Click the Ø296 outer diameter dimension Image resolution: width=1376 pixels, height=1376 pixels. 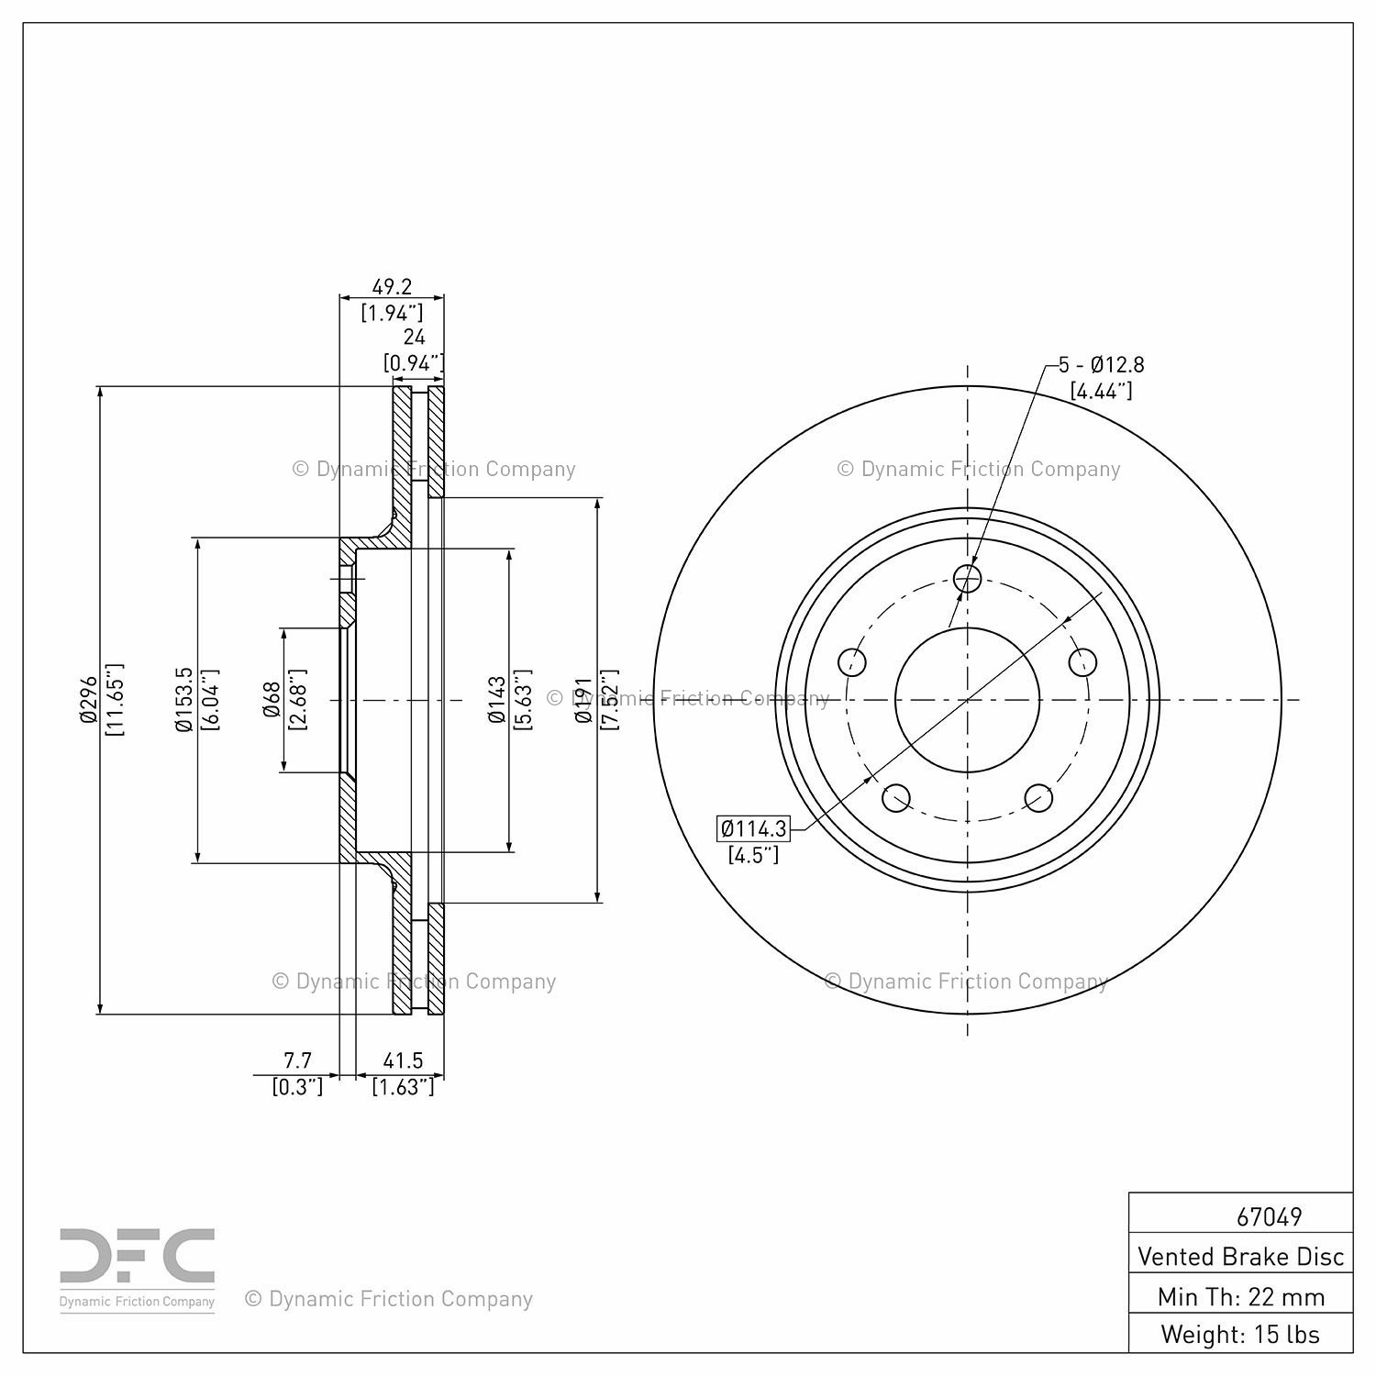pos(88,701)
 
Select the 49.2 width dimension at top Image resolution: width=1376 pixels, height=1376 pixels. pos(392,286)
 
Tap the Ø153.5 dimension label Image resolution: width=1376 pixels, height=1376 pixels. pos(183,699)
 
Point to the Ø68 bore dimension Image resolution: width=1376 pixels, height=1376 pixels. pos(272,700)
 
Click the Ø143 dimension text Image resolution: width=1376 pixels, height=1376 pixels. pos(497,700)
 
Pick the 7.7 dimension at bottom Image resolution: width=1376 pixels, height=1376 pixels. pos(297,1060)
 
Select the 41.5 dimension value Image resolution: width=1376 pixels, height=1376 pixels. pos(403,1060)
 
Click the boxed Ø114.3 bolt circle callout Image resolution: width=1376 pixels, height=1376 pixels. pos(753,829)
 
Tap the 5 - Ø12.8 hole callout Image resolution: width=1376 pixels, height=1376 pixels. pos(1101,364)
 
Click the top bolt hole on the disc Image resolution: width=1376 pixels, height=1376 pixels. pos(968,579)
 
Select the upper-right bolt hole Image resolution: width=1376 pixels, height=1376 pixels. pos(1082,661)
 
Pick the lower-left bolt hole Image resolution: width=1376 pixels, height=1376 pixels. pos(896,797)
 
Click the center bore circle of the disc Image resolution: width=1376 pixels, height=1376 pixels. pos(968,700)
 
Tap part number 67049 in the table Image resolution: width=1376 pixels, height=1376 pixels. pos(1269,1216)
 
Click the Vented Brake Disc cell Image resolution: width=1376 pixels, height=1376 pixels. pos(1240,1256)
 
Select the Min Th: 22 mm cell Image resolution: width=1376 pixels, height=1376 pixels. pos(1240,1296)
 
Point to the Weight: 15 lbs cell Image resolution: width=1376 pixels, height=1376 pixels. pos(1240,1333)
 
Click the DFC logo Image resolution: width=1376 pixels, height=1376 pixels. pos(138,1270)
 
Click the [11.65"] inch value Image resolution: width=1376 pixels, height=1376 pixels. pos(114,700)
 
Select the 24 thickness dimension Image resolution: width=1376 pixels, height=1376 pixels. pos(414,338)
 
